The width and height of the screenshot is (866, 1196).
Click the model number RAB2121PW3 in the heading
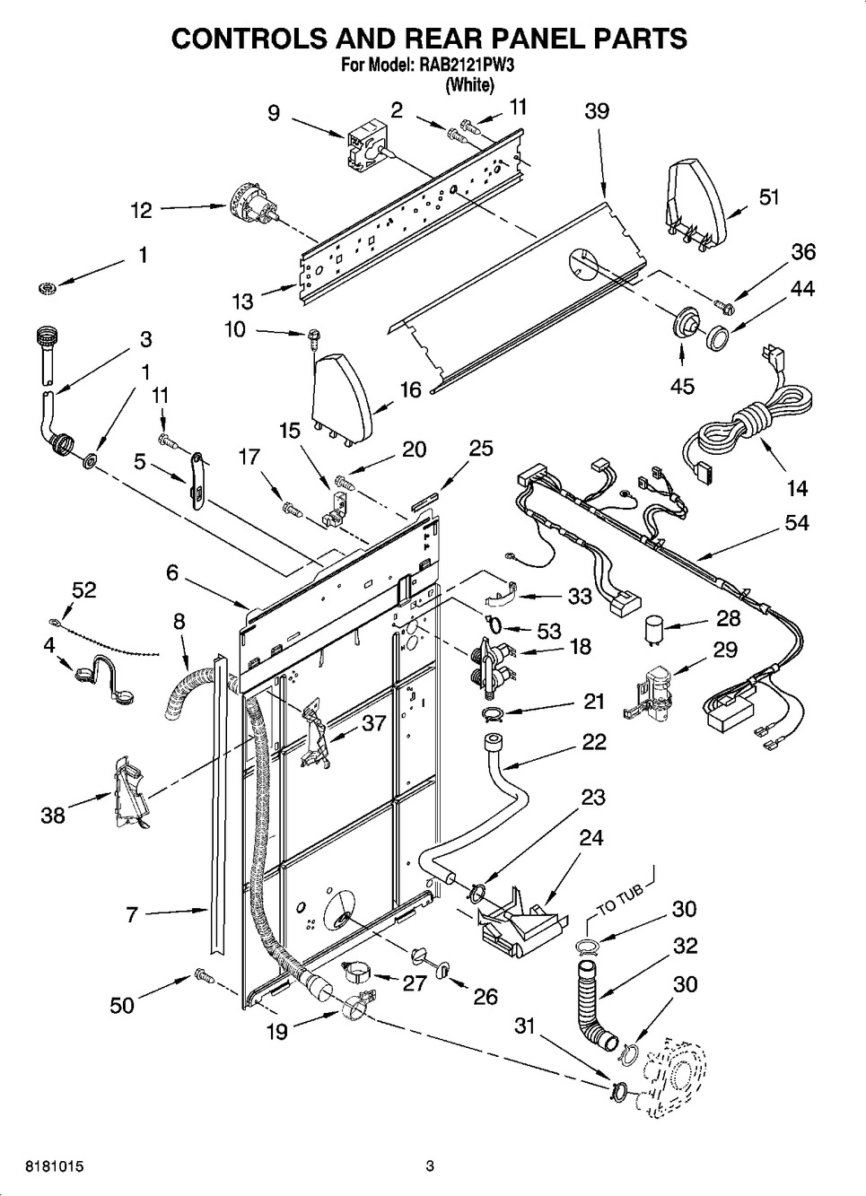470,65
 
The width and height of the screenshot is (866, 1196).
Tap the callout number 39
597,110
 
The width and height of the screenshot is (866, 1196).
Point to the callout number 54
796,522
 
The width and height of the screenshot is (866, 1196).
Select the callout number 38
53,816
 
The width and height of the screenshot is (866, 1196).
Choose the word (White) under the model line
470,85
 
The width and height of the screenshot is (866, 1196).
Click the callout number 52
83,589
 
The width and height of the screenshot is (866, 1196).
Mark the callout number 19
277,1032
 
